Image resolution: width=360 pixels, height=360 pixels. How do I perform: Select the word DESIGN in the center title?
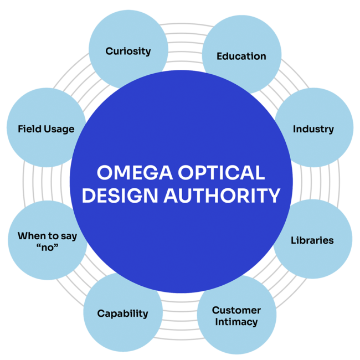117,196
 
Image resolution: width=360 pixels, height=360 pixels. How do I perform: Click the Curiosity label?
128,51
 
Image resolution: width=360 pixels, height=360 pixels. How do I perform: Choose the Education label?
241,56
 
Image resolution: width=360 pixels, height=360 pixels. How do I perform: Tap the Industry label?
313,129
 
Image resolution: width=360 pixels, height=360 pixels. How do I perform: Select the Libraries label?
312,240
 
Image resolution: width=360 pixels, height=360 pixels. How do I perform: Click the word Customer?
236,310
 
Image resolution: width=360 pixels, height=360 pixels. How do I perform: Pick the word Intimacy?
236,321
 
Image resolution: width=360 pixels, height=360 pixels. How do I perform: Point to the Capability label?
122,313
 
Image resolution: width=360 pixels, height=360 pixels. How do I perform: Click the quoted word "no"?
47,247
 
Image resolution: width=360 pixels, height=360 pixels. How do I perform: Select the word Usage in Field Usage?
59,129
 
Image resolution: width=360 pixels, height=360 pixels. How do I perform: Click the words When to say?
47,235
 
